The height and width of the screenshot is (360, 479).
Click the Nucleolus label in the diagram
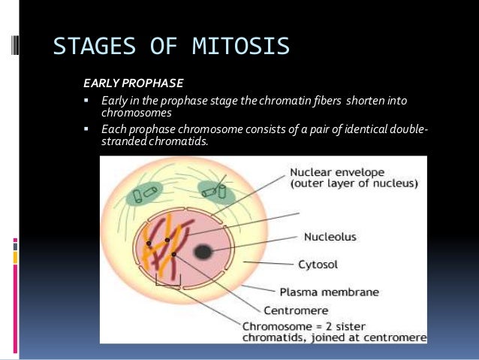(x=330, y=236)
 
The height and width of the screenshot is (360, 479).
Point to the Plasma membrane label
(x=329, y=292)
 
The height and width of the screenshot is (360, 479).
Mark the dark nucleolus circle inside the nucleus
(x=203, y=251)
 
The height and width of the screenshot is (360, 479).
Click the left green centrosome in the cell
(x=139, y=191)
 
